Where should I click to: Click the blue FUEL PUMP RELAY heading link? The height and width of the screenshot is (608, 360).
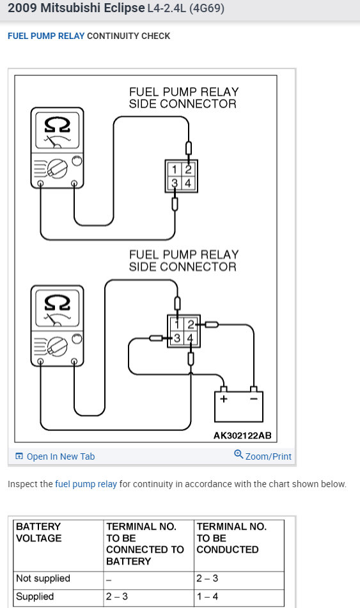[46, 36]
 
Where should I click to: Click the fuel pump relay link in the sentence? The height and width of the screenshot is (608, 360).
[86, 484]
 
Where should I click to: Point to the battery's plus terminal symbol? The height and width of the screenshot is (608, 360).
[223, 398]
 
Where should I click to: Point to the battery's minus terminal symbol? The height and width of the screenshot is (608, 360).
[254, 398]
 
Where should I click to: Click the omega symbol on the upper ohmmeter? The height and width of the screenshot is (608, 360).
[57, 125]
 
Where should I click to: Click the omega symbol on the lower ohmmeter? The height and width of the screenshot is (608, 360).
[57, 302]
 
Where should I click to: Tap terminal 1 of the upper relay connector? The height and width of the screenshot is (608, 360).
[175, 169]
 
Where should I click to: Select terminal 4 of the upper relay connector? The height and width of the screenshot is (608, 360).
[188, 183]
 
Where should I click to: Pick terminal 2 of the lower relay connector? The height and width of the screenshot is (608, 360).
[191, 324]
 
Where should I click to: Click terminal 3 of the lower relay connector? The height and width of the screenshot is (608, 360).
[177, 338]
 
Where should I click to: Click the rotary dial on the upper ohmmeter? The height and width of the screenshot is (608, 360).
[58, 169]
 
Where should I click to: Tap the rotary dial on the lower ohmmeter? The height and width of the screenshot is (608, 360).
[58, 347]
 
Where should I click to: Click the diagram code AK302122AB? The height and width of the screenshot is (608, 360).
[242, 435]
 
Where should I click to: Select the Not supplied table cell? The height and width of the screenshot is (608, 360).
[43, 578]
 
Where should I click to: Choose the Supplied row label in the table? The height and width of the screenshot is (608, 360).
[35, 596]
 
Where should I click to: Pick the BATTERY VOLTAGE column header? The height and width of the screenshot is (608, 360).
[39, 532]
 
